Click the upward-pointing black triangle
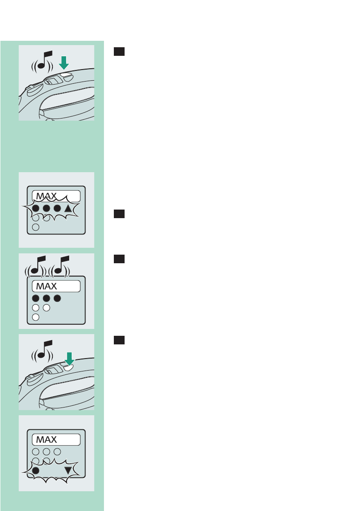pyautogui.click(x=69, y=209)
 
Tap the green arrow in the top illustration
pyautogui.click(x=64, y=63)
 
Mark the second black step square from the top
pyautogui.click(x=119, y=214)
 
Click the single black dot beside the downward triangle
pyautogui.click(x=36, y=471)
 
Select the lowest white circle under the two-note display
pyautogui.click(x=36, y=317)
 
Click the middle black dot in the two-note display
pyautogui.click(x=46, y=298)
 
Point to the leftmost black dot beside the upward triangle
pyautogui.click(x=36, y=209)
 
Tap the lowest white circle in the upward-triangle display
pyautogui.click(x=36, y=227)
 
